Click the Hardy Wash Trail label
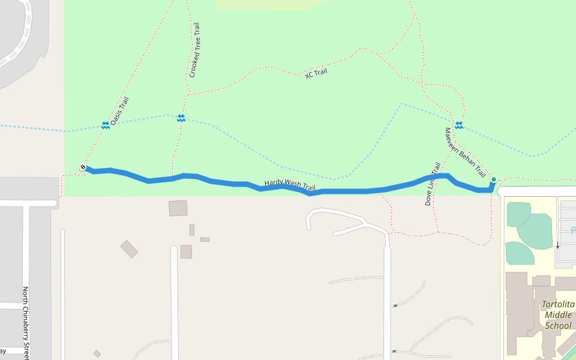point(290,185)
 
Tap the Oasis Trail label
point(119,111)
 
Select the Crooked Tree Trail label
point(194,50)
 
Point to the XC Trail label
point(316,73)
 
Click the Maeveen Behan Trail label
point(465,152)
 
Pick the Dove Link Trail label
point(433,184)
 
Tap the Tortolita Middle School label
point(558,315)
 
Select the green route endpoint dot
point(493,179)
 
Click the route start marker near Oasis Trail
point(83,167)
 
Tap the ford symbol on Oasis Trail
point(106,125)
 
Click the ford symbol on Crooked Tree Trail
point(181,118)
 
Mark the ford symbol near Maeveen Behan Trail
point(459,125)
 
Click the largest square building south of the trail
point(178,208)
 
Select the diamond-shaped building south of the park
point(129,249)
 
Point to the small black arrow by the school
point(557,245)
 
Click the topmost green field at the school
point(518,214)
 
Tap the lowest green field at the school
point(519,253)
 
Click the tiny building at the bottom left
point(97,353)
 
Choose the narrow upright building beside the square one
point(192,230)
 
